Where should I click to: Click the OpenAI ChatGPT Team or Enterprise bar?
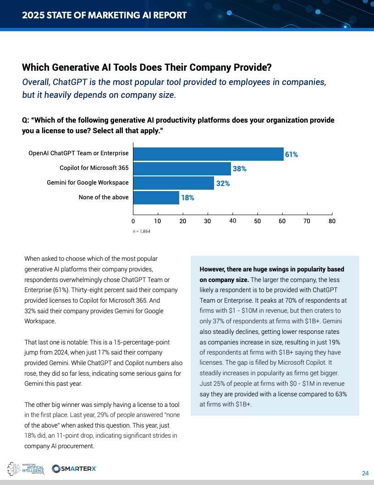tap(209, 154)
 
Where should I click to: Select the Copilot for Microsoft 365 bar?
tap(182, 169)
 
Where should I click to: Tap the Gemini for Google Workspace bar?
tap(174, 183)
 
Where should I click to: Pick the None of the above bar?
tap(156, 197)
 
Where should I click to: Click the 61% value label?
tap(291, 155)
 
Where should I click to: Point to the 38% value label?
tap(240, 169)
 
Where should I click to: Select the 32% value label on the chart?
tap(223, 183)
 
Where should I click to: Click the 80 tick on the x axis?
tap(332, 221)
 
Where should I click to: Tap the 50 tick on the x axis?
tap(257, 221)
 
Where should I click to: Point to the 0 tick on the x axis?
tap(133, 221)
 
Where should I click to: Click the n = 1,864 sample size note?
tap(142, 231)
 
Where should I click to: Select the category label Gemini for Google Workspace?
tap(88, 183)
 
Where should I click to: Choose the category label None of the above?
tap(104, 197)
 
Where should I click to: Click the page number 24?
tap(365, 474)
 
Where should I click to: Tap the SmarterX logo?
tap(74, 468)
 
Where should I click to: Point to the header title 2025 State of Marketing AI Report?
tap(104, 15)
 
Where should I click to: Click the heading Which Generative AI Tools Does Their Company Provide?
tap(147, 68)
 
